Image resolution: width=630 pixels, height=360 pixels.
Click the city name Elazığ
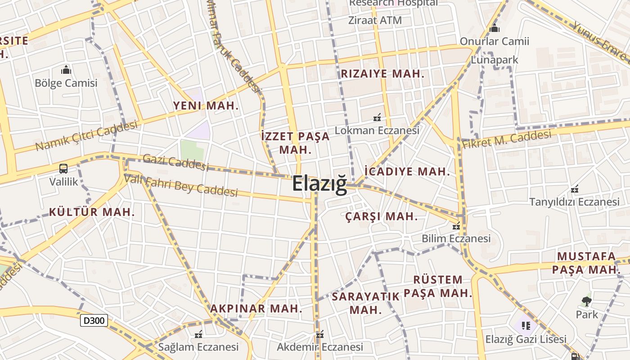click(319, 184)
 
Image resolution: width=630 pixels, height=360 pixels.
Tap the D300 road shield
click(94, 320)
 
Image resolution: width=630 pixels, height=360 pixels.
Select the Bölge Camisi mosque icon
click(66, 70)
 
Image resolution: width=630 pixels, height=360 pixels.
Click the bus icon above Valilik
click(63, 169)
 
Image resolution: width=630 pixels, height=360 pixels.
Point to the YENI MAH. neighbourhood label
click(206, 106)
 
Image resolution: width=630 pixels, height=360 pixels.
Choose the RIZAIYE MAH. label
click(382, 74)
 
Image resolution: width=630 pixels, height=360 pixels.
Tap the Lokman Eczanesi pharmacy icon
click(377, 118)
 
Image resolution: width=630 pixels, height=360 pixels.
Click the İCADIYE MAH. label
click(407, 171)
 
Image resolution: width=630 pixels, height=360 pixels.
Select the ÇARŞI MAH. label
click(382, 216)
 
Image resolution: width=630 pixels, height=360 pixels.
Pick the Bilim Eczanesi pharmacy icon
click(456, 226)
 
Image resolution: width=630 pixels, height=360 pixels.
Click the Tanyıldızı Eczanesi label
click(574, 202)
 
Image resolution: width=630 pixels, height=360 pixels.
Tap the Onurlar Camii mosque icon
click(495, 28)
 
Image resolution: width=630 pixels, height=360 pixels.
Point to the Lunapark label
click(495, 60)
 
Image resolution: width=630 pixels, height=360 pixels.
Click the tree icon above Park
click(586, 301)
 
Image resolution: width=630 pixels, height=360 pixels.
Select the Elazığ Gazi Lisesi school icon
click(525, 325)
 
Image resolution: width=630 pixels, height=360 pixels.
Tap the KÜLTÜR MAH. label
click(92, 212)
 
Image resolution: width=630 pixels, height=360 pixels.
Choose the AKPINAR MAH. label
click(256, 309)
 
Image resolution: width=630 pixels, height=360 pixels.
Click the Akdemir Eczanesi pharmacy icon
click(320, 335)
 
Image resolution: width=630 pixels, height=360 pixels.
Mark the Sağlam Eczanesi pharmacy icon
click(198, 334)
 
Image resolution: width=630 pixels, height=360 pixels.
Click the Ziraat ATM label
click(375, 20)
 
